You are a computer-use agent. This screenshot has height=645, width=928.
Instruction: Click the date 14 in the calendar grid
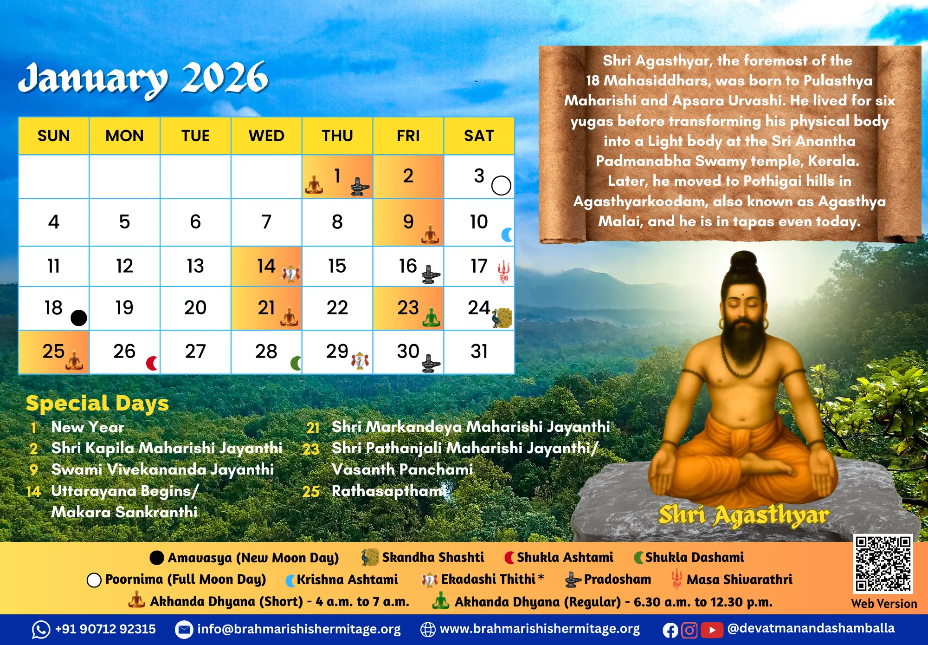click(x=266, y=266)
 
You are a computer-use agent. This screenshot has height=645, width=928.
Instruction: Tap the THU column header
click(x=337, y=136)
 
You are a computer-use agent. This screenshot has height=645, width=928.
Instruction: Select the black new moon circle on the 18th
click(x=79, y=318)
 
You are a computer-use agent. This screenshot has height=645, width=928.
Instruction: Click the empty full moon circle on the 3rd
click(x=501, y=185)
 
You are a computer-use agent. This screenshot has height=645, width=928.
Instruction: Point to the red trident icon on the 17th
click(x=503, y=272)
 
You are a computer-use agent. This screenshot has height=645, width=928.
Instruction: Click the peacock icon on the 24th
click(x=502, y=318)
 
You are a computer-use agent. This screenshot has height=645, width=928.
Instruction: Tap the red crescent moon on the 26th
click(x=152, y=363)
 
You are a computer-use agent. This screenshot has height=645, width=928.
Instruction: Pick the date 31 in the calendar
click(x=479, y=352)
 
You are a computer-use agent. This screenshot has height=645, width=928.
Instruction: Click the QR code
click(x=883, y=564)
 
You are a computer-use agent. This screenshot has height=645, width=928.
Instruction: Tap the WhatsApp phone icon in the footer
click(x=41, y=630)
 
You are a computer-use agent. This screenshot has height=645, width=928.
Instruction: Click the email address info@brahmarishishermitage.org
click(x=299, y=629)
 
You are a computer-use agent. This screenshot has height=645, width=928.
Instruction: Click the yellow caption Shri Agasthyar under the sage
click(x=743, y=515)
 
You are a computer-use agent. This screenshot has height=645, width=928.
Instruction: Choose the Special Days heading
click(x=97, y=403)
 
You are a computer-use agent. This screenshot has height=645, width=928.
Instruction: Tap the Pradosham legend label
click(x=617, y=579)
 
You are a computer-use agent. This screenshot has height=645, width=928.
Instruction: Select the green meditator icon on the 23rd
click(x=432, y=317)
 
